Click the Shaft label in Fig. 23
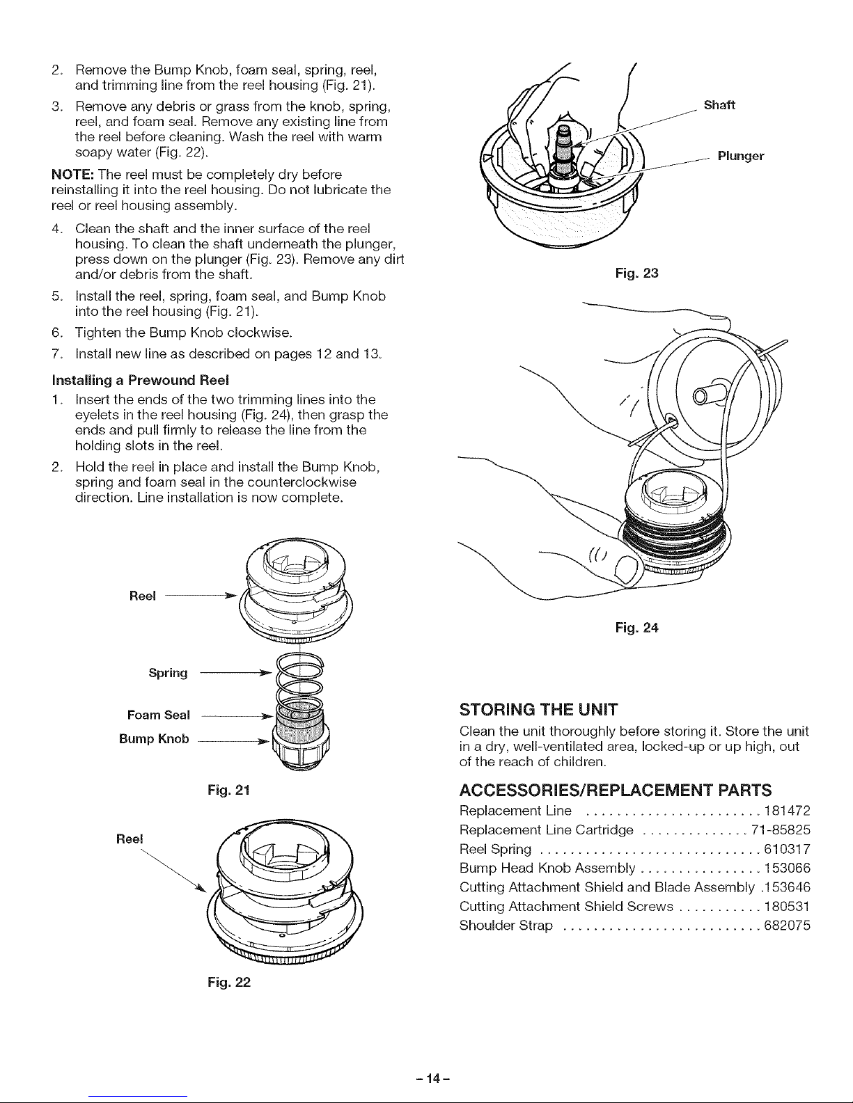720,106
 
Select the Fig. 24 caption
636,628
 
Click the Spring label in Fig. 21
169,673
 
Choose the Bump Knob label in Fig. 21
154,738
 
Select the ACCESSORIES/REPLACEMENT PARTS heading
616,790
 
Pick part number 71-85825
781,830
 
